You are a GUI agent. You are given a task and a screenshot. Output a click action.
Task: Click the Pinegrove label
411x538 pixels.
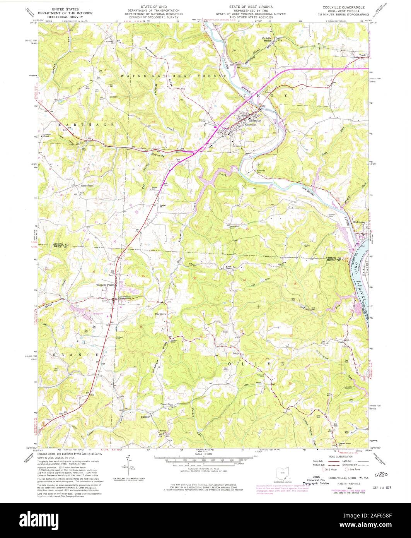[160, 314]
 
